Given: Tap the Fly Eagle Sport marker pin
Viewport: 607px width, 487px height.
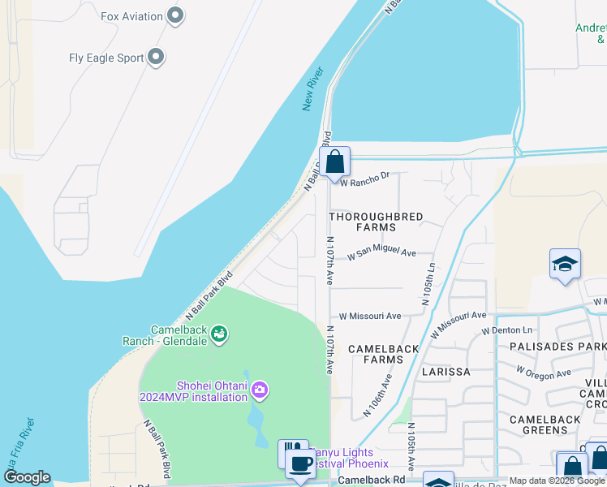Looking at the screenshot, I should point(157,58).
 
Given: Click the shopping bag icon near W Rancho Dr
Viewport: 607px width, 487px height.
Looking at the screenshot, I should point(334,162).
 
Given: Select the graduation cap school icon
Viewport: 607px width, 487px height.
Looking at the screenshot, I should point(565,265).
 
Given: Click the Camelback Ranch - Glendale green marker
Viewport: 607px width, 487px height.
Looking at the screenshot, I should point(217,334).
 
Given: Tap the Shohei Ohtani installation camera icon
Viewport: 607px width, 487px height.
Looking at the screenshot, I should point(260,390).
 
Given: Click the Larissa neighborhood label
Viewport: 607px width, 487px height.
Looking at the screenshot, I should point(446,372).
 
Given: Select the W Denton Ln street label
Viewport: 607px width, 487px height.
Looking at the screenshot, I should point(506,330).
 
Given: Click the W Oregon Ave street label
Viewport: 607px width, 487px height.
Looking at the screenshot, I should point(543,373).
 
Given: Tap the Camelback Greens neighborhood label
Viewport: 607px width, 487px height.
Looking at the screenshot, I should point(545,425).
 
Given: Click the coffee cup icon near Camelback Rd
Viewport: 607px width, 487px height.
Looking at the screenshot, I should point(300,464).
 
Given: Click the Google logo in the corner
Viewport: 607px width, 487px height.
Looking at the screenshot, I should point(26,477).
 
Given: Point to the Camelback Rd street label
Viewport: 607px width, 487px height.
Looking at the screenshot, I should point(372,481).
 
